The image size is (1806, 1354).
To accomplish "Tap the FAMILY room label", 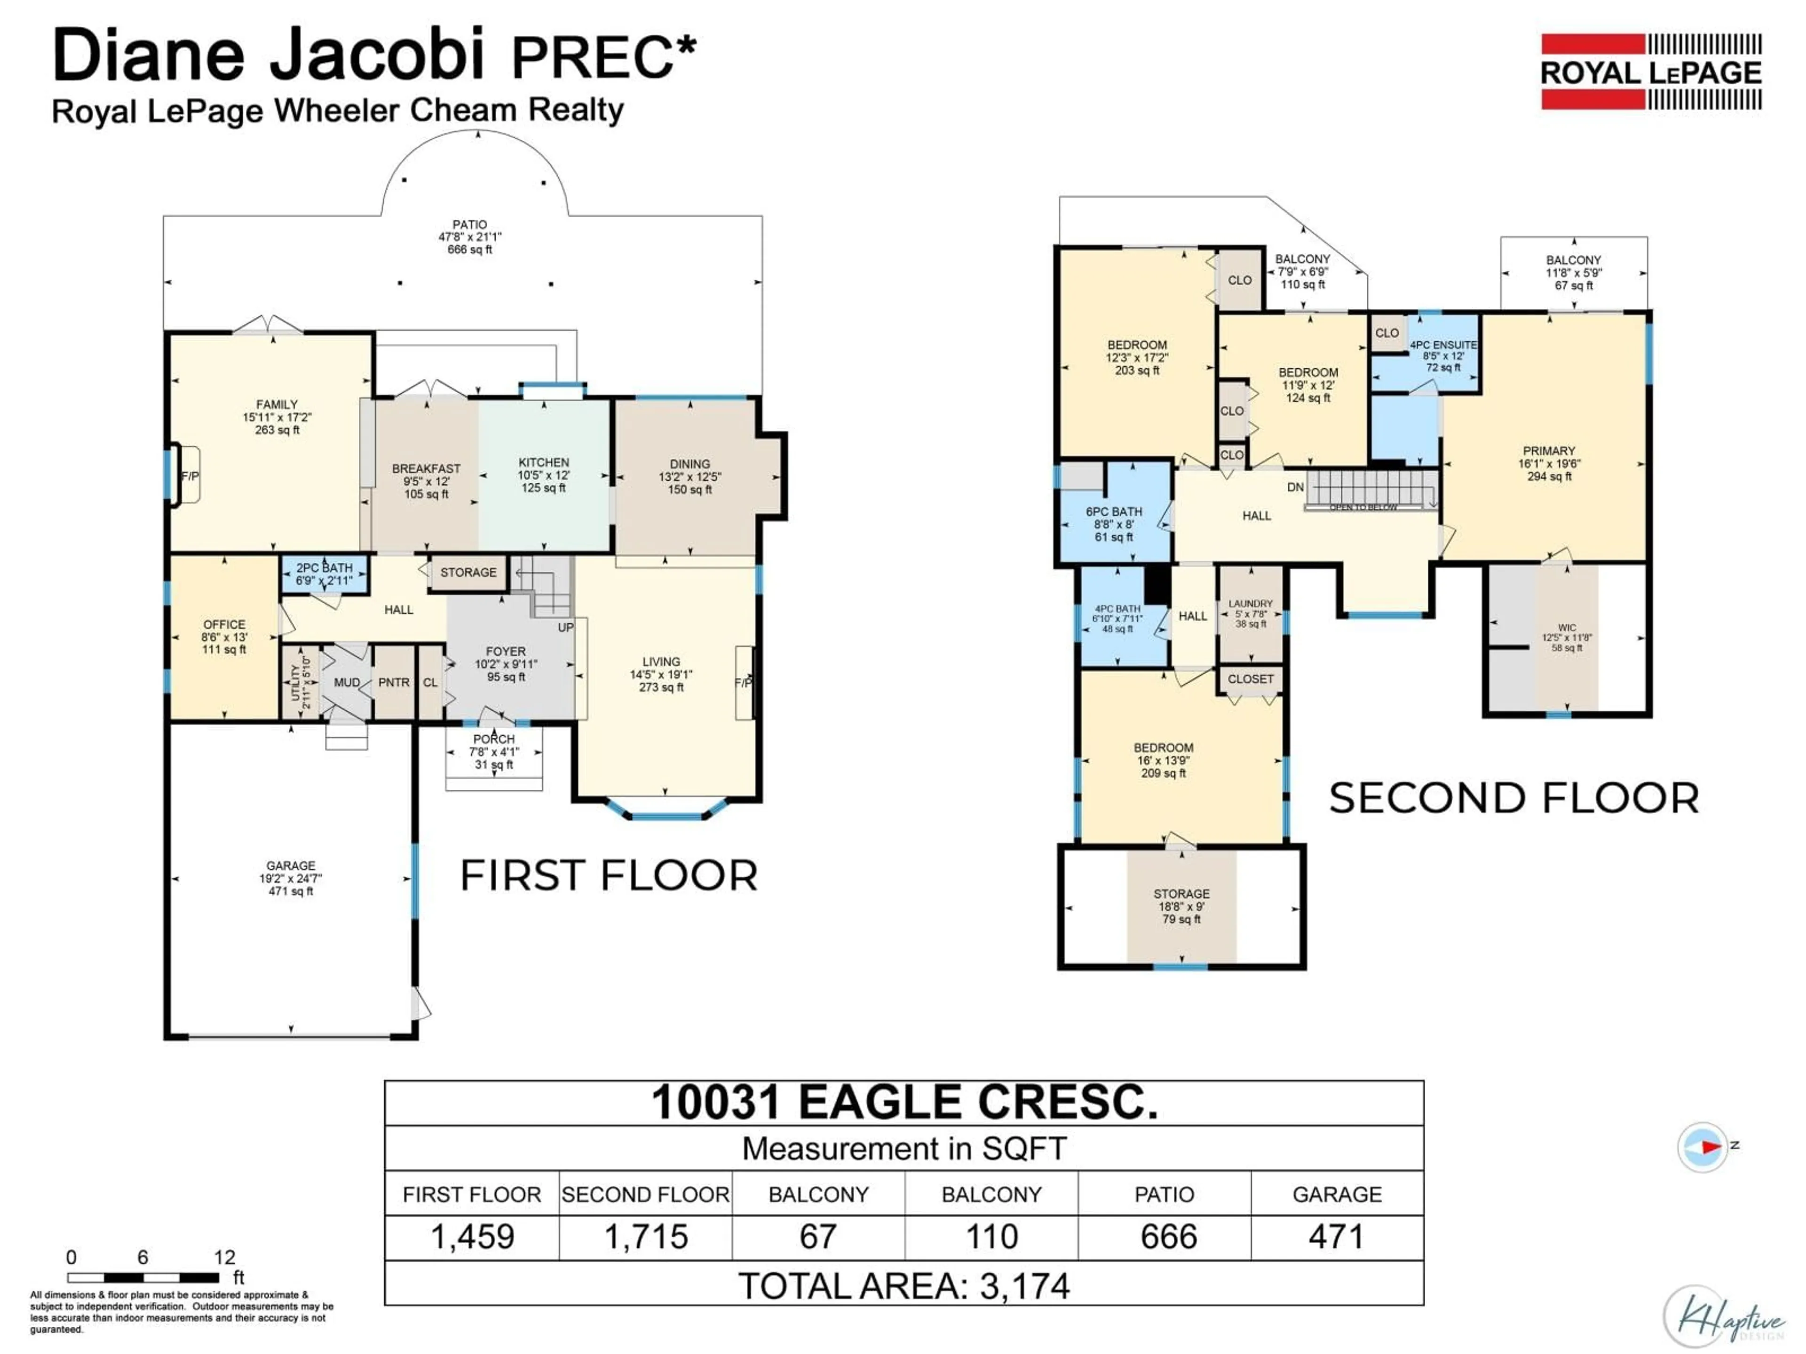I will (x=277, y=404).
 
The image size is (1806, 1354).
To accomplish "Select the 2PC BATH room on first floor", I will (x=324, y=574).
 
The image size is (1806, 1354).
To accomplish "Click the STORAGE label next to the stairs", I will (x=468, y=572).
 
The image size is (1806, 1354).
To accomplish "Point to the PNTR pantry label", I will (x=394, y=682).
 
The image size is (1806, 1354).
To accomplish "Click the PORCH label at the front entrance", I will (x=494, y=739).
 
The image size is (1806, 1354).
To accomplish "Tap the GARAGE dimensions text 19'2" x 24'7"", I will (x=291, y=878).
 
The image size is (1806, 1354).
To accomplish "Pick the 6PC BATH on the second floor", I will (x=1114, y=512).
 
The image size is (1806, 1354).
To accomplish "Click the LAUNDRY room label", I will (x=1250, y=604).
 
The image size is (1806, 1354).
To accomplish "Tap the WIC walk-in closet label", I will (x=1566, y=628).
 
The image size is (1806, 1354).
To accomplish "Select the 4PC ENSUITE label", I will (x=1443, y=345).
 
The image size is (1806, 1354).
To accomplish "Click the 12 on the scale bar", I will (x=224, y=1257).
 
